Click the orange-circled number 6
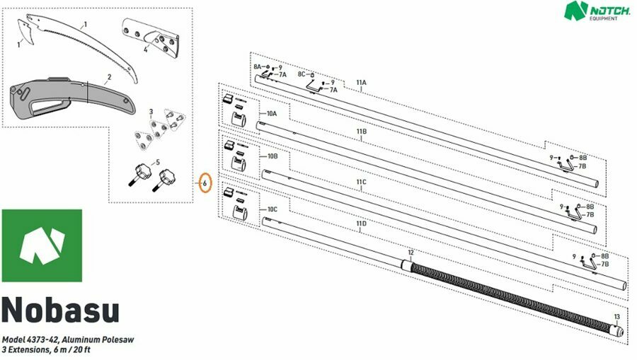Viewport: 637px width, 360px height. [205, 183]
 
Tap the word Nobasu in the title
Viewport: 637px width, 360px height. [61, 310]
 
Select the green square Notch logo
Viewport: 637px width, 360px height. [42, 245]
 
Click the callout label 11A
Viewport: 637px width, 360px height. [361, 82]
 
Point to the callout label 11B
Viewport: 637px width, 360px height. [361, 132]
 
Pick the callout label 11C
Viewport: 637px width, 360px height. [361, 182]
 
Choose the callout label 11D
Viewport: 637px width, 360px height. [361, 223]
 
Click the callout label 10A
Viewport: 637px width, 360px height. [272, 114]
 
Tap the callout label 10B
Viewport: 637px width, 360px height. [272, 156]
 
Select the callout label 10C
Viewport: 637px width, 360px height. [272, 209]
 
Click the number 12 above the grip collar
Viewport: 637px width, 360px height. [411, 252]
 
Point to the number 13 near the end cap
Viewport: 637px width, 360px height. [616, 317]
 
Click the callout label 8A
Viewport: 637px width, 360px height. [258, 66]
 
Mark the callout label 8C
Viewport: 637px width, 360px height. [302, 74]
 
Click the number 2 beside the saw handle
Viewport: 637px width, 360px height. [109, 77]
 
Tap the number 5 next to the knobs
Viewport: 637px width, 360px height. [158, 163]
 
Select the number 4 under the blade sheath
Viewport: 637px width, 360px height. [145, 50]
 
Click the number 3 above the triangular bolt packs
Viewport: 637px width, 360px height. [151, 112]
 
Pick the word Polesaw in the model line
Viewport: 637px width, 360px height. [117, 339]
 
